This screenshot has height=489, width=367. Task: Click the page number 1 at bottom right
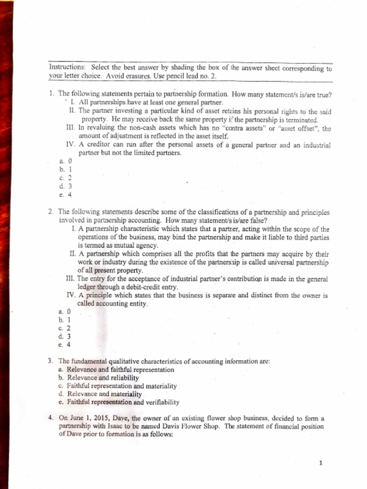click(x=322, y=463)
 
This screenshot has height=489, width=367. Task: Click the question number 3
click(x=51, y=361)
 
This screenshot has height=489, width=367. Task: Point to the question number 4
click(x=51, y=417)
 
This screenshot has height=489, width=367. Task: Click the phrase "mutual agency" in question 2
click(x=134, y=245)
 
